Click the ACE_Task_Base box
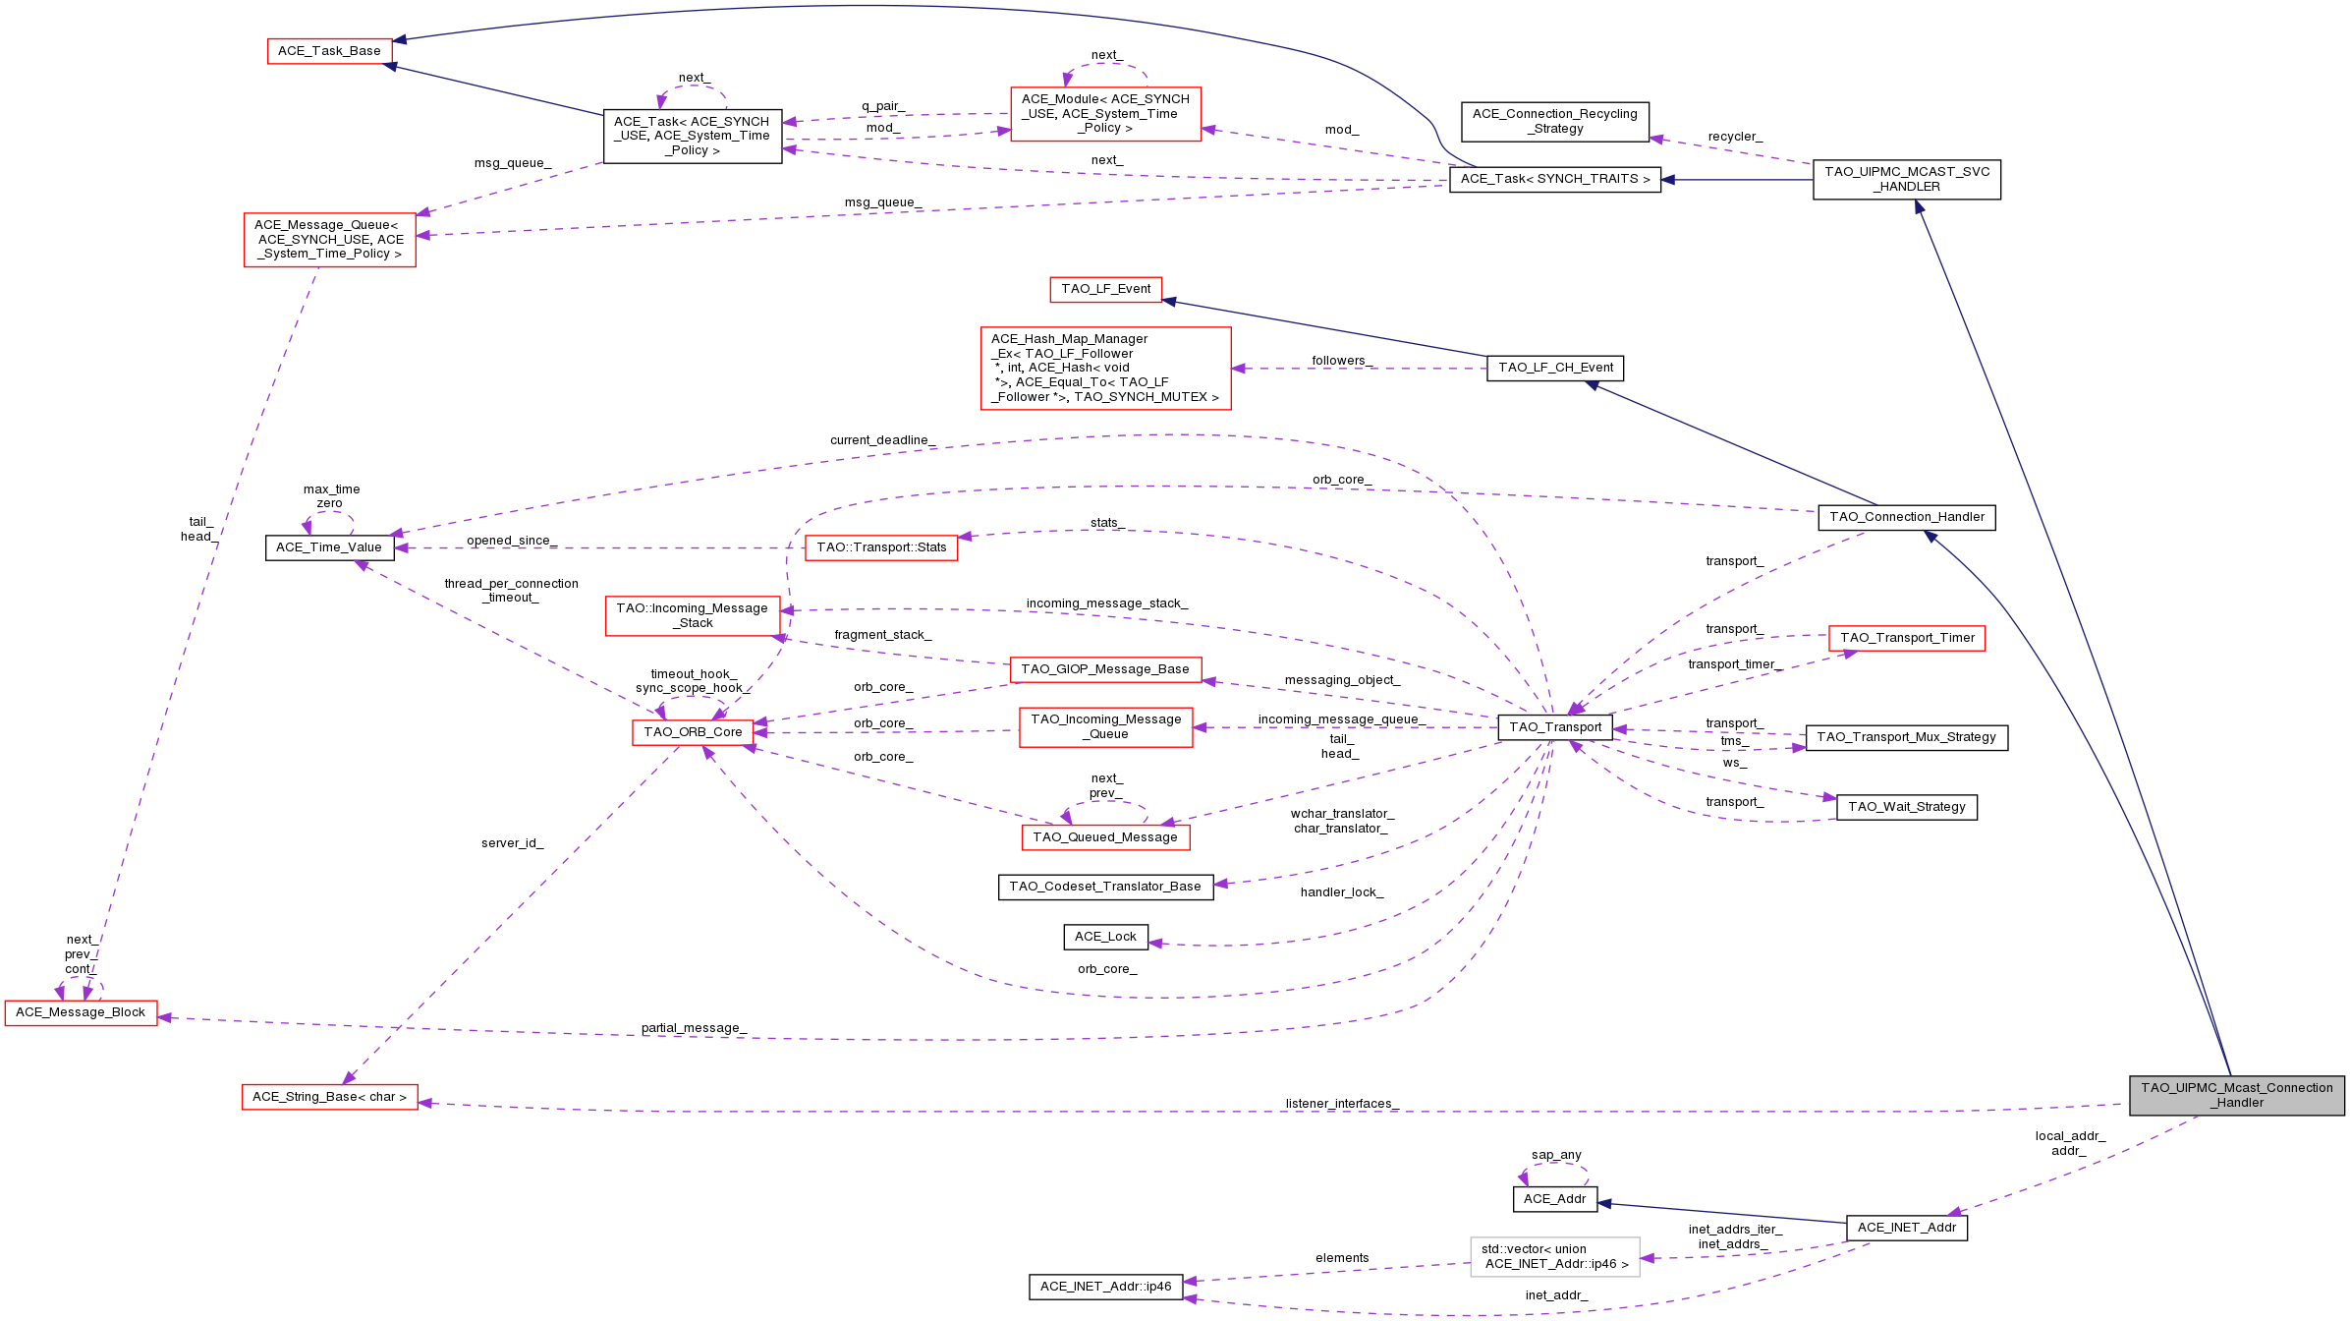pyautogui.click(x=329, y=51)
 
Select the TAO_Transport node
pyautogui.click(x=1555, y=727)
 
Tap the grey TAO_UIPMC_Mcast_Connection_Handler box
pyautogui.click(x=2236, y=1095)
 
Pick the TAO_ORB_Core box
pyautogui.click(x=693, y=732)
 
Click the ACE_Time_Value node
pyautogui.click(x=329, y=547)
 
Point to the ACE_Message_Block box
pyautogui.click(x=81, y=1012)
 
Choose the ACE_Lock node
pyautogui.click(x=1105, y=937)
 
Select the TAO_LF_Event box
pyautogui.click(x=1105, y=289)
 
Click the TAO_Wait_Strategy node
pyautogui.click(x=1906, y=807)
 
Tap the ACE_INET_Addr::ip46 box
pyautogui.click(x=1105, y=1287)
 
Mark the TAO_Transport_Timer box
pyautogui.click(x=1906, y=638)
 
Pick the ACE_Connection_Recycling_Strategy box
pyautogui.click(x=1554, y=121)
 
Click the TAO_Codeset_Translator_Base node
pyautogui.click(x=1105, y=887)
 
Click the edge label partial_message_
pyautogui.click(x=694, y=1028)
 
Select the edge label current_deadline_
pyautogui.click(x=882, y=440)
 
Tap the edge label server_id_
pyautogui.click(x=512, y=843)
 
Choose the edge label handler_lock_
pyautogui.click(x=1342, y=892)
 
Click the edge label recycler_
pyautogui.click(x=1735, y=137)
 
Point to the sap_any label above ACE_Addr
pyautogui.click(x=1556, y=1155)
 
